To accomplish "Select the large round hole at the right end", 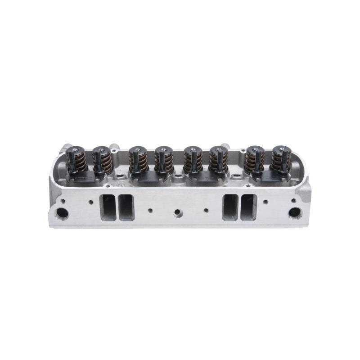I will click(x=295, y=212).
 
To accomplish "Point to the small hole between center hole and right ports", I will click(x=207, y=210).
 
